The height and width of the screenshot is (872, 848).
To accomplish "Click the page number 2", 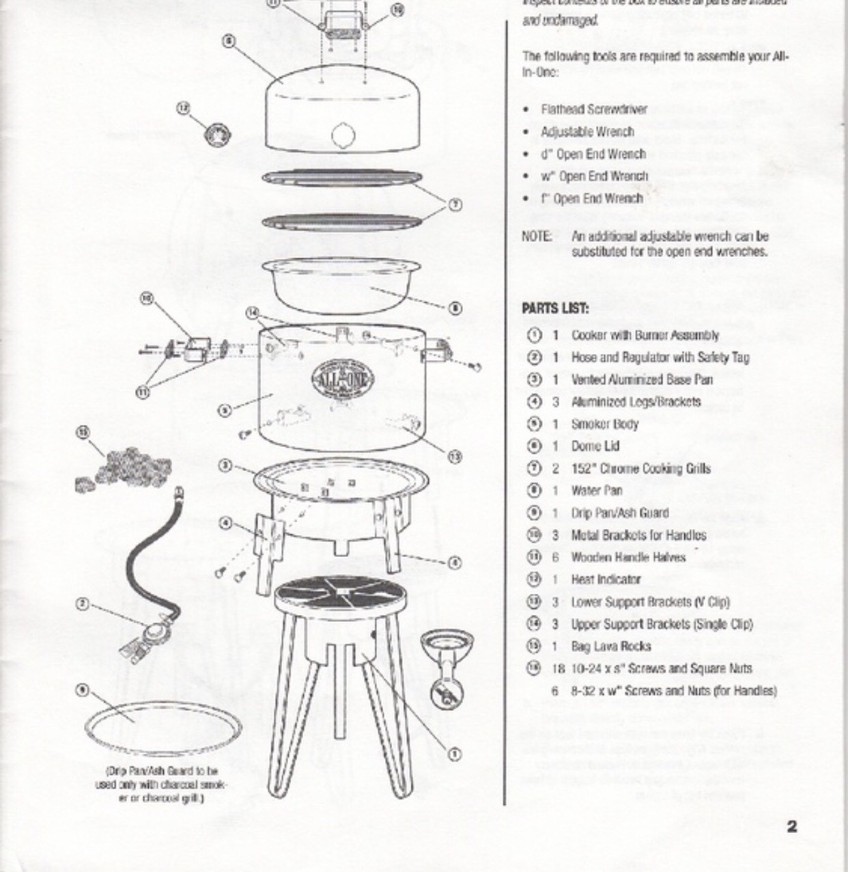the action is [791, 826].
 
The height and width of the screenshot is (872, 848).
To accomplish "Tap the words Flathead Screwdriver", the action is [594, 109].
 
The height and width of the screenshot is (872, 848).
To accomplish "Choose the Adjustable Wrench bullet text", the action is [587, 132].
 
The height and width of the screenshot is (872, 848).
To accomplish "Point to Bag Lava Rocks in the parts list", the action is [610, 646].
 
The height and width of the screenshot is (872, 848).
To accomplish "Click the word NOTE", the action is [537, 236].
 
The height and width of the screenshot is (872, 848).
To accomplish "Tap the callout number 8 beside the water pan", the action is [455, 308].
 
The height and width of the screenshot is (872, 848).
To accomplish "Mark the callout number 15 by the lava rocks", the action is [83, 432].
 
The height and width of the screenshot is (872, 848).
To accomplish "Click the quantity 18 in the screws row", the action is [558, 668].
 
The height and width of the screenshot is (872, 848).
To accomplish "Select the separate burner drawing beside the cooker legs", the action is [447, 666].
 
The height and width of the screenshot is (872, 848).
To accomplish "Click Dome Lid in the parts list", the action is [595, 446].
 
